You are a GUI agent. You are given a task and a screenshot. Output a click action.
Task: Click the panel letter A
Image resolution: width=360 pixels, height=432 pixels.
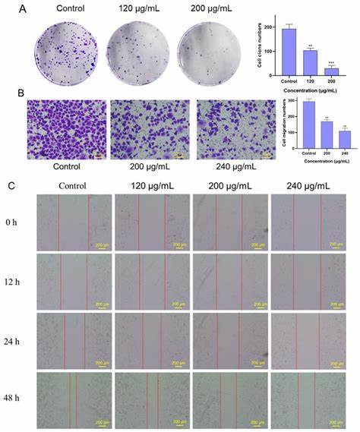click(x=10, y=10)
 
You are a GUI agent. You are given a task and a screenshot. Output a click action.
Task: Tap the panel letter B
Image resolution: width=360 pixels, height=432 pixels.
click(x=10, y=96)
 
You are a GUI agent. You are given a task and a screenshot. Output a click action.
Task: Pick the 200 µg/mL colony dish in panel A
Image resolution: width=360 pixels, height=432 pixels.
click(x=206, y=52)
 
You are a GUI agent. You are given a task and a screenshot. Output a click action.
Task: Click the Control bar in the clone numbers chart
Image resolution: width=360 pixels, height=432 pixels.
click(x=289, y=51)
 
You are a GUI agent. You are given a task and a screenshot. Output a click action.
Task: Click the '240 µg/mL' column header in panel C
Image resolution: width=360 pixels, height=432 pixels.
click(x=307, y=186)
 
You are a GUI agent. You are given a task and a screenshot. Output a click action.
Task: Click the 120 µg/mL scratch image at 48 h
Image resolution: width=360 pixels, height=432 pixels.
click(x=151, y=400)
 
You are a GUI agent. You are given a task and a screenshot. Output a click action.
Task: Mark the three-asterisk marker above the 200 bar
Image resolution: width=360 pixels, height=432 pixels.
click(x=330, y=63)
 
